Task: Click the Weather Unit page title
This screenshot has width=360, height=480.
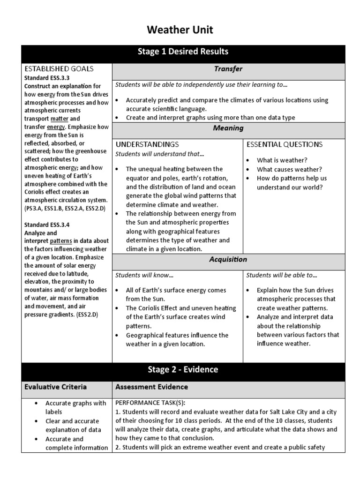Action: (180, 30)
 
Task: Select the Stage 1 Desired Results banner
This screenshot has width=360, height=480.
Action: (183, 52)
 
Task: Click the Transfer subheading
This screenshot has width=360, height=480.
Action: (228, 69)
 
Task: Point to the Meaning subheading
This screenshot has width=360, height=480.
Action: (228, 128)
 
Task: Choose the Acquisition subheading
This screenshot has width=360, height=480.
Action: (228, 259)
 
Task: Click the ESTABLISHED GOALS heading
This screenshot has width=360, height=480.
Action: (59, 69)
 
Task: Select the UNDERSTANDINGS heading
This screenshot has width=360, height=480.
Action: (147, 144)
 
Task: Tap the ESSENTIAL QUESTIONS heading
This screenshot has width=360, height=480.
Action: (285, 144)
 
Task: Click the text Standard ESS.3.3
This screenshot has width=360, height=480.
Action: (47, 78)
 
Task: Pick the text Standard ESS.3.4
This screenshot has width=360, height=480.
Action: (47, 225)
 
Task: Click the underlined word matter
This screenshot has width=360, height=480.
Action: (60, 119)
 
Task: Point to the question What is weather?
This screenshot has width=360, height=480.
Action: (282, 160)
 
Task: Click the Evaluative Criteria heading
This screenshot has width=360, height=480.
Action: (55, 387)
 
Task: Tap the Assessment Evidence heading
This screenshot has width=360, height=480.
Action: (151, 387)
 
